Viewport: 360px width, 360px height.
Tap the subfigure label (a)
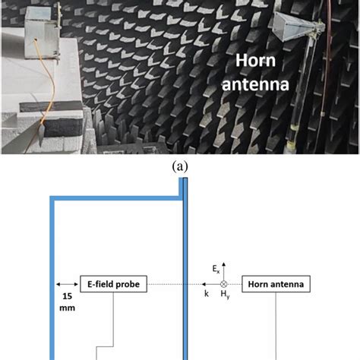click(180, 166)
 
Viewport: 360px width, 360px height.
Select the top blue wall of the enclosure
click(114, 200)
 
